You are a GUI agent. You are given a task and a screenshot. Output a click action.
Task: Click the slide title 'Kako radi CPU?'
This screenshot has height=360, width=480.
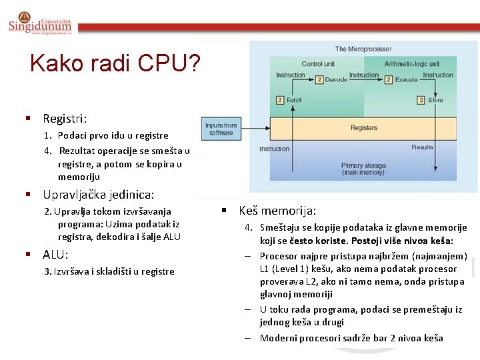pos(115,63)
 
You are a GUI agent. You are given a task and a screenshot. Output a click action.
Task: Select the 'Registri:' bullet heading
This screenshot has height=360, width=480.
pos(65,119)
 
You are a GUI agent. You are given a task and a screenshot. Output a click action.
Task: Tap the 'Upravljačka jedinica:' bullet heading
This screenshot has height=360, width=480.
pos(98,195)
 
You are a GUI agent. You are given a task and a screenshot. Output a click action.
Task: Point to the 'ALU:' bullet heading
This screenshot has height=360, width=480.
pos(55,255)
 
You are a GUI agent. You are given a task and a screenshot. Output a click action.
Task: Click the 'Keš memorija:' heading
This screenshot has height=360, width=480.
pos(277,210)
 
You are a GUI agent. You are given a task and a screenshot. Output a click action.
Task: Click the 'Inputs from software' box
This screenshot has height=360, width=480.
pos(221,129)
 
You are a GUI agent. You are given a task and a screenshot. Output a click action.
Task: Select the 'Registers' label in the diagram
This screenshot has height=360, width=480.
pos(363,127)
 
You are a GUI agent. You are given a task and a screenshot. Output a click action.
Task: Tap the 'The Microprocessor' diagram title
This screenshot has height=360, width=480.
pos(363,49)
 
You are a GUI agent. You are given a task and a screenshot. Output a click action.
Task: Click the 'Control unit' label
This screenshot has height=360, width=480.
pos(318,64)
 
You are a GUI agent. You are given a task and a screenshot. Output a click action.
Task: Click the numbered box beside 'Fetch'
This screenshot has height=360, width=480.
pos(279,100)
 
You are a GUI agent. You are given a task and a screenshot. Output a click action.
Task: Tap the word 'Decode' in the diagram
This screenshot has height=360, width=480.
pos(336,79)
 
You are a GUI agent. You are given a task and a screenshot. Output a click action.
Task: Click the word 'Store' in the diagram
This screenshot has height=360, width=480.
pos(435,100)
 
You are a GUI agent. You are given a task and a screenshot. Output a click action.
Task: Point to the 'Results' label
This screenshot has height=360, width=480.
pos(422,147)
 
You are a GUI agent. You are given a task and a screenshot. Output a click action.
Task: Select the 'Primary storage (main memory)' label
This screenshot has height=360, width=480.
pos(363,169)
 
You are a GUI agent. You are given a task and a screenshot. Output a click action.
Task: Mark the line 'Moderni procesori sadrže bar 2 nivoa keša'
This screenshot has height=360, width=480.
pos(351,338)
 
